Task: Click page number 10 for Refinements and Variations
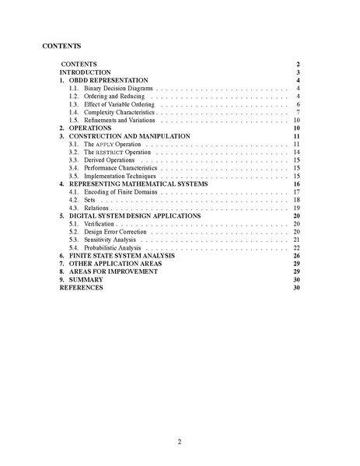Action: click(x=296, y=121)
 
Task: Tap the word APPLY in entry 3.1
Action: click(x=105, y=145)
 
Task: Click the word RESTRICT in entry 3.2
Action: click(x=108, y=152)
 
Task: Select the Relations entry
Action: click(x=98, y=208)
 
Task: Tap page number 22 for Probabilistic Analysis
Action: click(x=296, y=247)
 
